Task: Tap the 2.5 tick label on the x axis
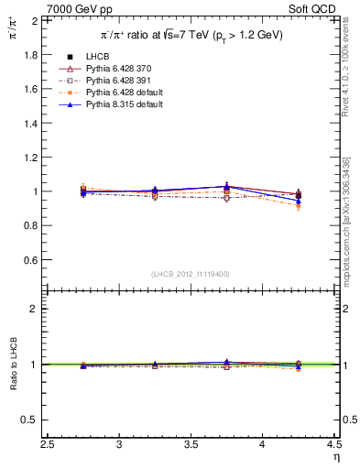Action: (49, 444)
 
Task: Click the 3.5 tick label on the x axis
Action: (192, 444)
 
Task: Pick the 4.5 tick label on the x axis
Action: (334, 444)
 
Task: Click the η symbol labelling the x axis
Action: (335, 457)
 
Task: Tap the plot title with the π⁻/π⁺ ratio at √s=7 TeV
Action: (191, 35)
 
